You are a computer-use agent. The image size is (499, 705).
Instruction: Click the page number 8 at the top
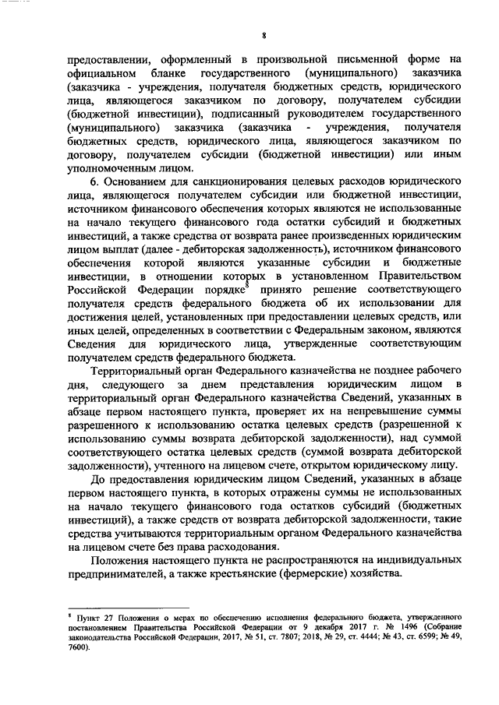coord(264,35)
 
